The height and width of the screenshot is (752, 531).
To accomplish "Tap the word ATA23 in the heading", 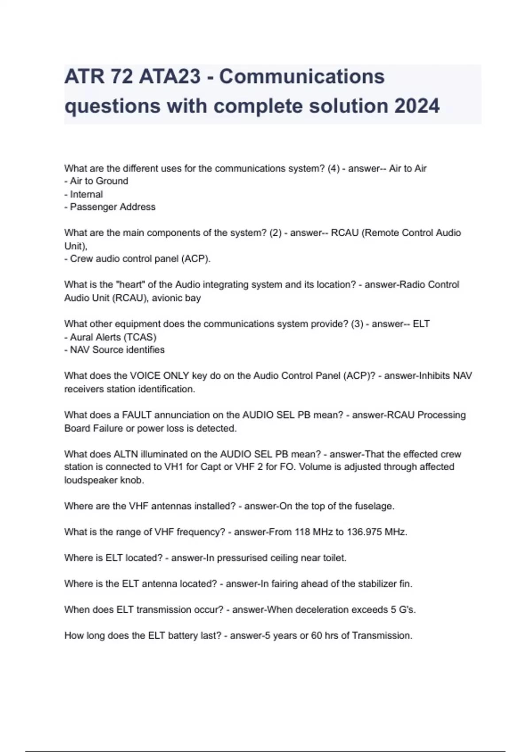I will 170,77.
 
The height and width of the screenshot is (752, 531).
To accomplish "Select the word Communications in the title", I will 302,77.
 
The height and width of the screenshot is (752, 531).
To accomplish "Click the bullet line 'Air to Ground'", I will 96,181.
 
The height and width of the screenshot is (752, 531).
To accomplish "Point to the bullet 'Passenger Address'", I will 110,207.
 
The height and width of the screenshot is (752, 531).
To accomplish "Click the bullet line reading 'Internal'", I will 84,194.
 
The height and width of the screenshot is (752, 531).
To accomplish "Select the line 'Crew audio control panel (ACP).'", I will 138,259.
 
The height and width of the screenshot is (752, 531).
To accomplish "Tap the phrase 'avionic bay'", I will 176,298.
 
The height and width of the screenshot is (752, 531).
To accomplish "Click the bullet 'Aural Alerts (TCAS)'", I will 111,337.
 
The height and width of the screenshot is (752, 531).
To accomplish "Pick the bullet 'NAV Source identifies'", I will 115,350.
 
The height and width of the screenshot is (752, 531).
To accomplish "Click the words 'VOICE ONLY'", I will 159,376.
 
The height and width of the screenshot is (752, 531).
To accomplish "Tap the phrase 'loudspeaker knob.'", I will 104,480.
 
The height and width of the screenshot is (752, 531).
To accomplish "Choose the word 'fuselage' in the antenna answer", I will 376,506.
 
